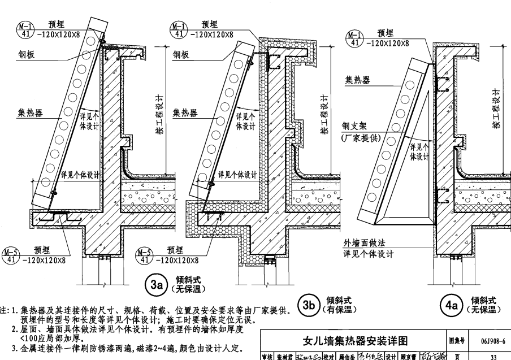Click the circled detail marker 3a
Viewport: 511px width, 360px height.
pos(155,285)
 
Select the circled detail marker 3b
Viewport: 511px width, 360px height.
pos(309,305)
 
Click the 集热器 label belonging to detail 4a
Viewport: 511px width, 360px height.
pos(358,80)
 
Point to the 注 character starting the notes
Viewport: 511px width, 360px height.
pos(4,310)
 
